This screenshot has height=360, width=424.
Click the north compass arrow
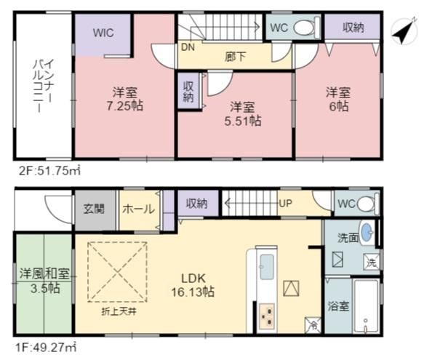click(x=404, y=32)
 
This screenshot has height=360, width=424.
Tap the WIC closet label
click(x=103, y=33)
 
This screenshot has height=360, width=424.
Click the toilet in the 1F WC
click(x=367, y=204)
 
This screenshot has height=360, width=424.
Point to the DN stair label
click(x=188, y=47)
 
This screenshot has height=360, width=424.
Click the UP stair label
click(x=285, y=204)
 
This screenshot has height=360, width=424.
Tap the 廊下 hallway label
click(x=235, y=57)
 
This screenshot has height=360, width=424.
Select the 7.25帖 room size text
click(x=125, y=105)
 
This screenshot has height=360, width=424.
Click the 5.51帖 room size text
click(x=243, y=121)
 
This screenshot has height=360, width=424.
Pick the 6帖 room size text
click(x=339, y=106)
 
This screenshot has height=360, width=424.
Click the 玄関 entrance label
click(x=94, y=209)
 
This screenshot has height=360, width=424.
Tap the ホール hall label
click(x=138, y=209)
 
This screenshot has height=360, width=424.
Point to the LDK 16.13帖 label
click(x=193, y=285)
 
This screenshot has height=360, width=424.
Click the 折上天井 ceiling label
click(x=119, y=312)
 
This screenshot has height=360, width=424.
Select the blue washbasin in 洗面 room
click(x=367, y=232)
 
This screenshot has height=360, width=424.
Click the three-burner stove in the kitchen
click(x=267, y=316)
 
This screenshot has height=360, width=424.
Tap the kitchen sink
click(x=267, y=267)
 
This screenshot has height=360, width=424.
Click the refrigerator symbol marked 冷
click(x=313, y=324)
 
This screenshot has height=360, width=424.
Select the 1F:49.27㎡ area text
click(x=46, y=347)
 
